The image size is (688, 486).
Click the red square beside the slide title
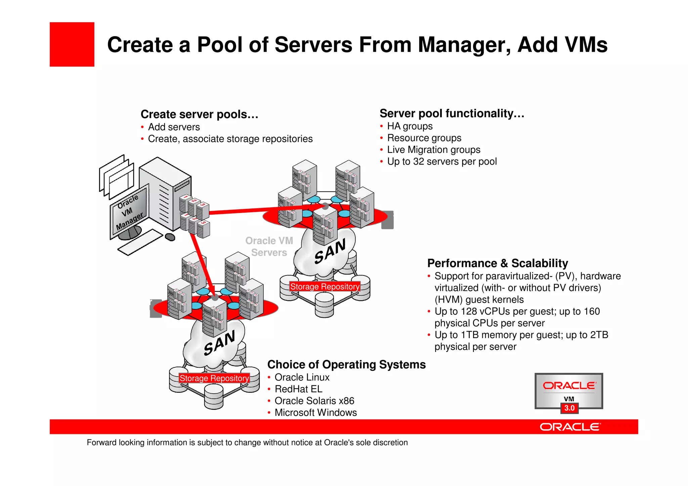[x=72, y=44]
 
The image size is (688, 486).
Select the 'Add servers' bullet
[x=174, y=127]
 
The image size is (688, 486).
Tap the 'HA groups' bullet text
[x=410, y=126]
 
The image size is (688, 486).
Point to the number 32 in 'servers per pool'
[x=419, y=162]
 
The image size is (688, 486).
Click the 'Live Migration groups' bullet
[x=433, y=150]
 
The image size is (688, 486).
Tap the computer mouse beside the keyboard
[x=170, y=237]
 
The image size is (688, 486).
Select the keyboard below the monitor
[x=140, y=242]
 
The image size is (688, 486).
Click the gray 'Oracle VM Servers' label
[x=269, y=247]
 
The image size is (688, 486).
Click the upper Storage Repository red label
[x=325, y=286]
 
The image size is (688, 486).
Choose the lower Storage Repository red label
[x=214, y=378]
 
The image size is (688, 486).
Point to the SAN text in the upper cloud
[x=330, y=251]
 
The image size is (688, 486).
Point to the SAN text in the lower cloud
[x=219, y=343]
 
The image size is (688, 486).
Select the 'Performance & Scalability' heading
[x=497, y=263]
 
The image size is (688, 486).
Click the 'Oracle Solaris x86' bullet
[x=314, y=401]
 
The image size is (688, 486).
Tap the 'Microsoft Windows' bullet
[x=315, y=413]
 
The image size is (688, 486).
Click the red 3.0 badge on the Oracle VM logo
[x=569, y=408]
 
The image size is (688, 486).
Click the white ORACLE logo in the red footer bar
[x=570, y=427]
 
